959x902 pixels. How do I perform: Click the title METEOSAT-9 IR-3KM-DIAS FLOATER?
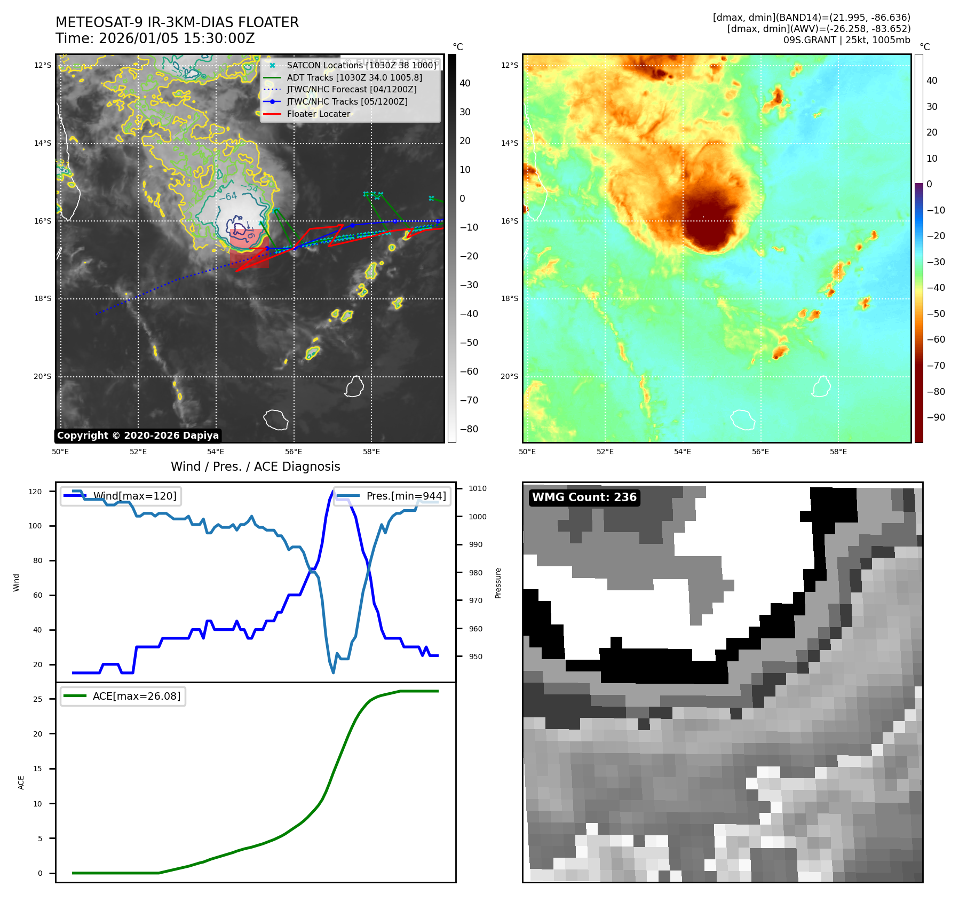pyautogui.click(x=177, y=22)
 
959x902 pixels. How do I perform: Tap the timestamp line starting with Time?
pyautogui.click(x=155, y=39)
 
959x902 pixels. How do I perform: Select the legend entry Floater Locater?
pyautogui.click(x=318, y=114)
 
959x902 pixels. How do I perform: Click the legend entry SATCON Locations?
pyautogui.click(x=361, y=65)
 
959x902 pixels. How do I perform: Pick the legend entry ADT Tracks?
pyautogui.click(x=354, y=77)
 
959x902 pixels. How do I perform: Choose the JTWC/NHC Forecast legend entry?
pyautogui.click(x=352, y=89)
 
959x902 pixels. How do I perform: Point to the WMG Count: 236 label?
pyautogui.click(x=584, y=497)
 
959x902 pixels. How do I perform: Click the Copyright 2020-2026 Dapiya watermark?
pyautogui.click(x=138, y=436)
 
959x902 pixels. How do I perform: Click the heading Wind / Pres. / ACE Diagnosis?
pyautogui.click(x=255, y=466)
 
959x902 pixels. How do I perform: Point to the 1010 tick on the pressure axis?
pyautogui.click(x=478, y=488)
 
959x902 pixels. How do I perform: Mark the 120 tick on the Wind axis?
pyautogui.click(x=35, y=492)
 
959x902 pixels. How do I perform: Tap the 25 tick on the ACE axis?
pyautogui.click(x=37, y=699)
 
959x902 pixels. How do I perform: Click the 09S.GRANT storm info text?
pyautogui.click(x=846, y=40)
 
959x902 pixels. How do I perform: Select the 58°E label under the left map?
pyautogui.click(x=371, y=452)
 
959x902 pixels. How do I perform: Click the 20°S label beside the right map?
pyautogui.click(x=509, y=376)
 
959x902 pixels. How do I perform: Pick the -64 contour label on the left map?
pyautogui.click(x=228, y=196)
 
